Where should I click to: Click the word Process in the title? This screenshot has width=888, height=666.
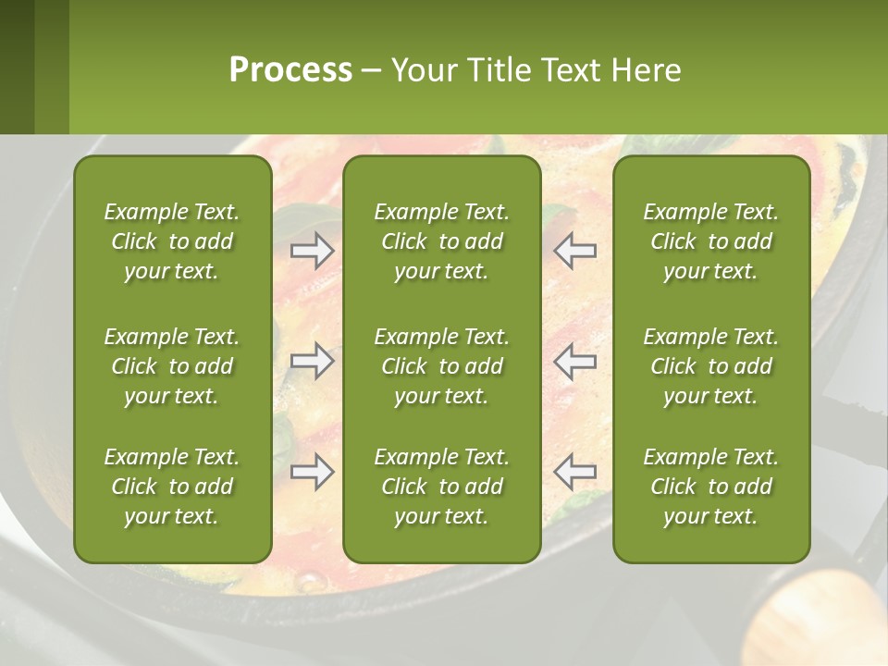pyautogui.click(x=290, y=70)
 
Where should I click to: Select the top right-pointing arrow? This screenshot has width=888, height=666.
pyautogui.click(x=313, y=251)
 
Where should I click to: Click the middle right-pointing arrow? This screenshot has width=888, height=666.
pyautogui.click(x=313, y=361)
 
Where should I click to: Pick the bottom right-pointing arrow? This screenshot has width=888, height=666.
pyautogui.click(x=313, y=472)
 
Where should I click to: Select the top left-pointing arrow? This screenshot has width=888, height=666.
pyautogui.click(x=575, y=250)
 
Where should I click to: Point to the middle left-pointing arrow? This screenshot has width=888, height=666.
pyautogui.click(x=575, y=361)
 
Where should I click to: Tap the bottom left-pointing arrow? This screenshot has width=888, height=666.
pyautogui.click(x=575, y=472)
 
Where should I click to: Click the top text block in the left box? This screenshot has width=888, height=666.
pyautogui.click(x=172, y=241)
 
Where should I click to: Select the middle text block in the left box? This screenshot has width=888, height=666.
pyautogui.click(x=172, y=366)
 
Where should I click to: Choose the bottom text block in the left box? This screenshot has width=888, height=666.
pyautogui.click(x=172, y=487)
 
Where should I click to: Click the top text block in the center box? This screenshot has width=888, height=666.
pyautogui.click(x=441, y=241)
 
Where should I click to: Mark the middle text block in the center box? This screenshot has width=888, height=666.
pyautogui.click(x=441, y=366)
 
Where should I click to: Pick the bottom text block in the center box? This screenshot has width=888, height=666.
pyautogui.click(x=441, y=487)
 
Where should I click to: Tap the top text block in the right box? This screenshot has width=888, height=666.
pyautogui.click(x=710, y=241)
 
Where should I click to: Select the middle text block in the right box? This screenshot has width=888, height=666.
pyautogui.click(x=710, y=366)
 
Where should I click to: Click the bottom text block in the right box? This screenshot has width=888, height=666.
pyautogui.click(x=710, y=487)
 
